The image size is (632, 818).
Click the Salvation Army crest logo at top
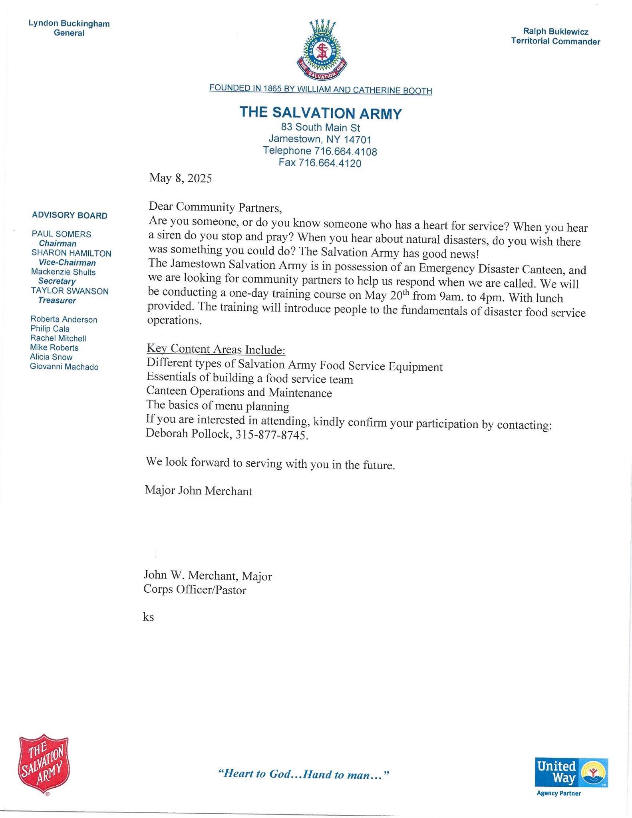(x=322, y=50)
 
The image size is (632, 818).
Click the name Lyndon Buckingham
(x=69, y=24)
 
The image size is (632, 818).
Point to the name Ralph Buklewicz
(x=555, y=32)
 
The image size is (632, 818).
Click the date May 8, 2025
(x=180, y=178)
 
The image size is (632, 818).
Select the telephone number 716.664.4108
(x=346, y=151)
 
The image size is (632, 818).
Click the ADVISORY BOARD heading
(x=70, y=216)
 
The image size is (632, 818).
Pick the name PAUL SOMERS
(x=62, y=234)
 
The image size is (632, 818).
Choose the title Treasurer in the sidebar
(x=57, y=300)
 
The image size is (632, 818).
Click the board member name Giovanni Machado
(x=64, y=367)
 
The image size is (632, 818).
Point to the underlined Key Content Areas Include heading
(x=216, y=349)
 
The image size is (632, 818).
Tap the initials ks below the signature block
(x=148, y=617)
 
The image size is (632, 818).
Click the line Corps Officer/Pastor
(x=195, y=590)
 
